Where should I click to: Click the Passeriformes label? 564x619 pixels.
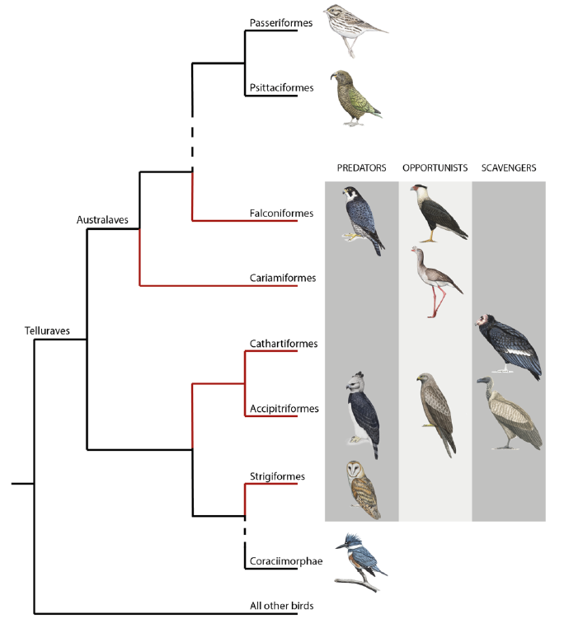[281, 23]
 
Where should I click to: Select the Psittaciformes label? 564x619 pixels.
[281, 87]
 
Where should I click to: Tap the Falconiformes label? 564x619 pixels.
[281, 213]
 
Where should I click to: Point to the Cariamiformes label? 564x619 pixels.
[282, 278]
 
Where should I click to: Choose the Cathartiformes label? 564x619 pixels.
[283, 344]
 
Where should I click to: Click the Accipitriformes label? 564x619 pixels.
[284, 409]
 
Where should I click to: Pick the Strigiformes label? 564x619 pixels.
[277, 476]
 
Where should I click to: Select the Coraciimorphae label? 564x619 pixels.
[286, 561]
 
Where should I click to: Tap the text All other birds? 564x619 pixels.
[282, 606]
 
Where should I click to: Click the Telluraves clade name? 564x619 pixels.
[47, 331]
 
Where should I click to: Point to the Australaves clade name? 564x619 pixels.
[102, 219]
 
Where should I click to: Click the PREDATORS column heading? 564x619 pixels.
[361, 168]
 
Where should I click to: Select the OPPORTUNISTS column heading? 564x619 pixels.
[435, 168]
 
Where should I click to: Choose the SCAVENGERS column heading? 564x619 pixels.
[509, 168]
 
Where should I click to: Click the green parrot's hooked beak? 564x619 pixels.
[333, 75]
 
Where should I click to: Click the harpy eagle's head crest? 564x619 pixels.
[359, 375]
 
